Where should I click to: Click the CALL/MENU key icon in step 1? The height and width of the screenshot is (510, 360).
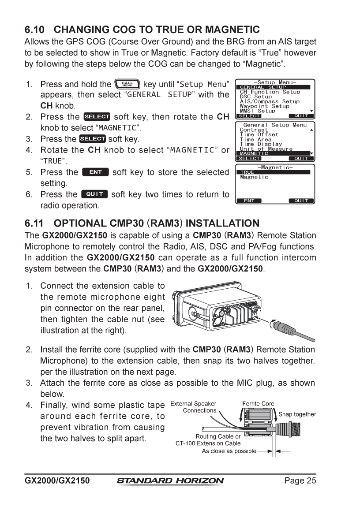127,84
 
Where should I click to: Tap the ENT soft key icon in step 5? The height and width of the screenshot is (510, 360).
95,172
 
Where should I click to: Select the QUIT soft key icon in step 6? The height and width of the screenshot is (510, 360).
94,194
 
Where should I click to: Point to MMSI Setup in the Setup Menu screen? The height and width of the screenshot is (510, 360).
257,111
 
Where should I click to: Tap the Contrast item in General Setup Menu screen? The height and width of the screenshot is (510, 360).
254,130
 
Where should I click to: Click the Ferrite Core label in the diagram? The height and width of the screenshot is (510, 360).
258,403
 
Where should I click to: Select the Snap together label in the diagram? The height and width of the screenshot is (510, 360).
297,414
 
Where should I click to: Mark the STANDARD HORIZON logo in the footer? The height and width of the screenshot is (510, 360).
170,481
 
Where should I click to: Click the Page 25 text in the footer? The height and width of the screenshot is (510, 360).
300,480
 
